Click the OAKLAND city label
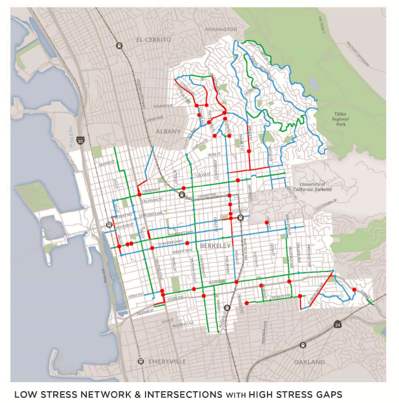[x=309, y=362]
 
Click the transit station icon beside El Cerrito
[x=119, y=46]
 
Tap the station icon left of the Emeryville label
[x=141, y=361]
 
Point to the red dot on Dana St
[x=266, y=223]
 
